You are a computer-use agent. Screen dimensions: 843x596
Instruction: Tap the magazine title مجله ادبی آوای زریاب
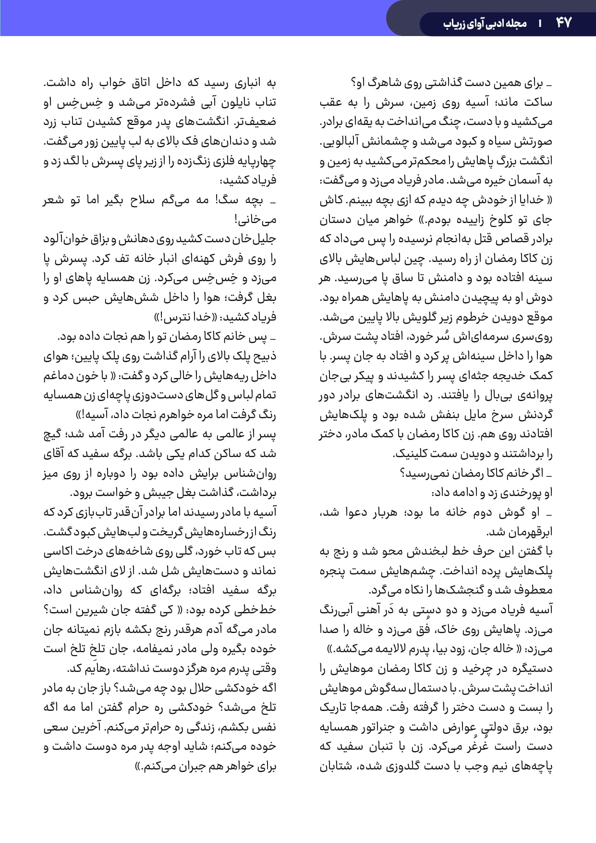[485, 23]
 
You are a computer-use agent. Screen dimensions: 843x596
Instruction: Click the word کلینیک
[414, 454]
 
